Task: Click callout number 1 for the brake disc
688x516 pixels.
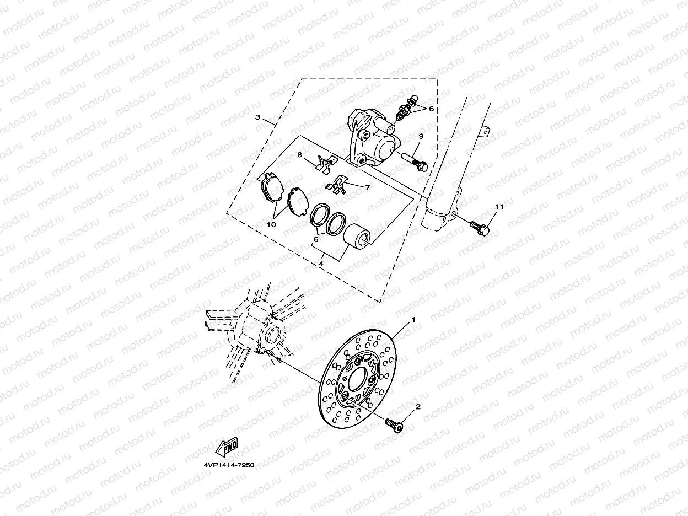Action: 411,320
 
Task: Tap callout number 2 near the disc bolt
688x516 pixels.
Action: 418,407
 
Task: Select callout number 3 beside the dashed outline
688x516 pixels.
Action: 257,117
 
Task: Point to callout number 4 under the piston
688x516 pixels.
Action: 320,265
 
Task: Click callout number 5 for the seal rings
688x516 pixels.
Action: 316,240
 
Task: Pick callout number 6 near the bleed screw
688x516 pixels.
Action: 431,109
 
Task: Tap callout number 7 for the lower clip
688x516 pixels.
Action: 367,187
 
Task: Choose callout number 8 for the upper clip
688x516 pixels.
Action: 300,155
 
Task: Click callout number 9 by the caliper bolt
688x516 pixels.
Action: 420,136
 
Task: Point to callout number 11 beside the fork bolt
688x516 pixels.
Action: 499,207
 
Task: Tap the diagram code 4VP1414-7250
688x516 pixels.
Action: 225,465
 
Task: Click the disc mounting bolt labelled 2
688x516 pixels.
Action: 394,426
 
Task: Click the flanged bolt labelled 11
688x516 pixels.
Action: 480,227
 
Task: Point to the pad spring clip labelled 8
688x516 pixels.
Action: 327,162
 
